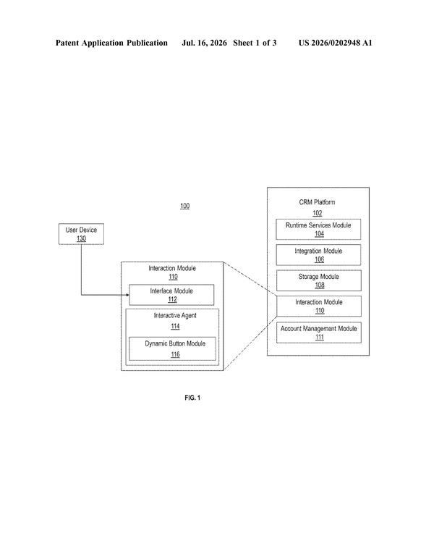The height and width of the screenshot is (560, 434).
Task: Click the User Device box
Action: point(81,234)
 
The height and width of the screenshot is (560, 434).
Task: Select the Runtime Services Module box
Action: point(318,229)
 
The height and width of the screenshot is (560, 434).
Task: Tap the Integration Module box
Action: point(318,255)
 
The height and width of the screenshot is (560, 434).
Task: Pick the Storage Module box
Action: point(319,280)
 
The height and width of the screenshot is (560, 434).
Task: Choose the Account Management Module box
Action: point(319,333)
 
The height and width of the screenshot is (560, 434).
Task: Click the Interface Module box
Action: point(171,295)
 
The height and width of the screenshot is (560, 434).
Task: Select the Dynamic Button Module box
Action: point(172,349)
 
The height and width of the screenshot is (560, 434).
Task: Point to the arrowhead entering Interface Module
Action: point(127,295)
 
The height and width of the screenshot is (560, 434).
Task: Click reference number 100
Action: point(184,206)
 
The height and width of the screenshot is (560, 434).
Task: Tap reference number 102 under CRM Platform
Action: point(318,213)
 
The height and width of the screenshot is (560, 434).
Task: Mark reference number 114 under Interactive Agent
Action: point(175,327)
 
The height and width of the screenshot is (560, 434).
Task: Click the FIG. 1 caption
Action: point(192,398)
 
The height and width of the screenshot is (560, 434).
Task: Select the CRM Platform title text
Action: point(317,202)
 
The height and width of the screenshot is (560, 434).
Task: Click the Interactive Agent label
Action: point(175,315)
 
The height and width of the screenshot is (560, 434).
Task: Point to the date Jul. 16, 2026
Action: point(204,43)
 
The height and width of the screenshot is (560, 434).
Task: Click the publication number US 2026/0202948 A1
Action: point(335,43)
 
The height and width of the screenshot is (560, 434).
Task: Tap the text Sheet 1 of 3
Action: point(255,43)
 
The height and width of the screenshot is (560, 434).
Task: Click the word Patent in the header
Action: point(67,43)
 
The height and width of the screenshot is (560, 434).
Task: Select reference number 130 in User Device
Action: point(81,238)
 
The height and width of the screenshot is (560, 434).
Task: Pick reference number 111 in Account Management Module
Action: point(320,337)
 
